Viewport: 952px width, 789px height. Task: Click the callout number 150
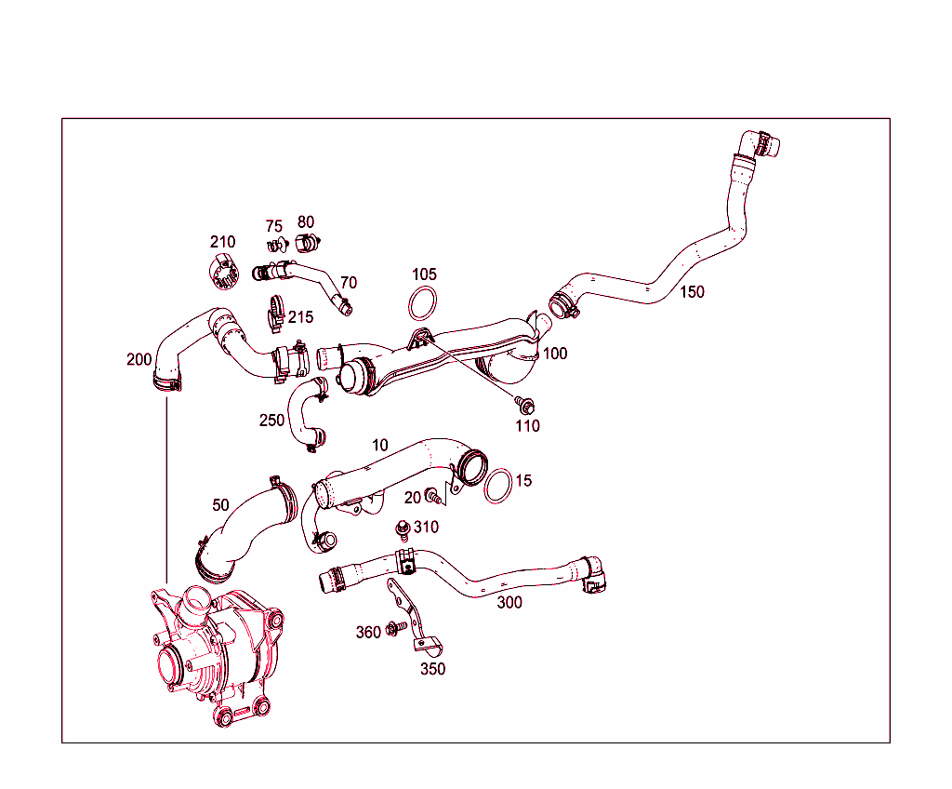coord(692,291)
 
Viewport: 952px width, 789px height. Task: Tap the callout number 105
coord(424,274)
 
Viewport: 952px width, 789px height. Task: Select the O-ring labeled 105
coord(423,304)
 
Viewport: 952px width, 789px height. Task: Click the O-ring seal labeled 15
coord(498,485)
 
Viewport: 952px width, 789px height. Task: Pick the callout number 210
coord(222,242)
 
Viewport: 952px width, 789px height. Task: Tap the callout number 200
coord(139,359)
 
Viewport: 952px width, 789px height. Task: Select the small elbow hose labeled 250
coord(304,417)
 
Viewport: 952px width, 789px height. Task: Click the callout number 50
coord(220,505)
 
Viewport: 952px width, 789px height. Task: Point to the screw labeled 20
coord(432,495)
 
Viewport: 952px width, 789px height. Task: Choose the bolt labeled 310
coord(403,528)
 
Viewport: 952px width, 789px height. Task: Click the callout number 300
coord(509,602)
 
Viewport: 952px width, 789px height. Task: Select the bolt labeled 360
coord(393,630)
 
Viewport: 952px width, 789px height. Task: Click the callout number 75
coord(273,226)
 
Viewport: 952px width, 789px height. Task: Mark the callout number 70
coord(349,282)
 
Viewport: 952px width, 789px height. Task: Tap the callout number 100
coord(555,354)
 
